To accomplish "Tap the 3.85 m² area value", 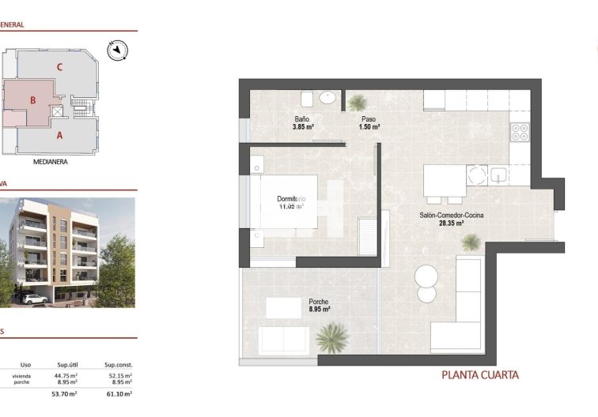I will tap(304, 126).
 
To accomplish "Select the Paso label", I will tap(369, 118).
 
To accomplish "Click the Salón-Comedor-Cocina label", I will tap(452, 215).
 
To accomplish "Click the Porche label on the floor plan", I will tap(319, 301).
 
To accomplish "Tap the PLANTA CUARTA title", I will tap(479, 375).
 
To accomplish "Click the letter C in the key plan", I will tap(59, 67).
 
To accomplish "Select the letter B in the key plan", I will tap(33, 100).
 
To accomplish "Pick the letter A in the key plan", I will tap(59, 134).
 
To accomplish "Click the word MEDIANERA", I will tap(50, 163).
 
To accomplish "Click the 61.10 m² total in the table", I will tap(119, 393).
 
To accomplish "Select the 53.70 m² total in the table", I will tap(64, 393).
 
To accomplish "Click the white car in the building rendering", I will tap(34, 299).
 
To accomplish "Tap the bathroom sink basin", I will tap(329, 98).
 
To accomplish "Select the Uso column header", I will tap(25, 365).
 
